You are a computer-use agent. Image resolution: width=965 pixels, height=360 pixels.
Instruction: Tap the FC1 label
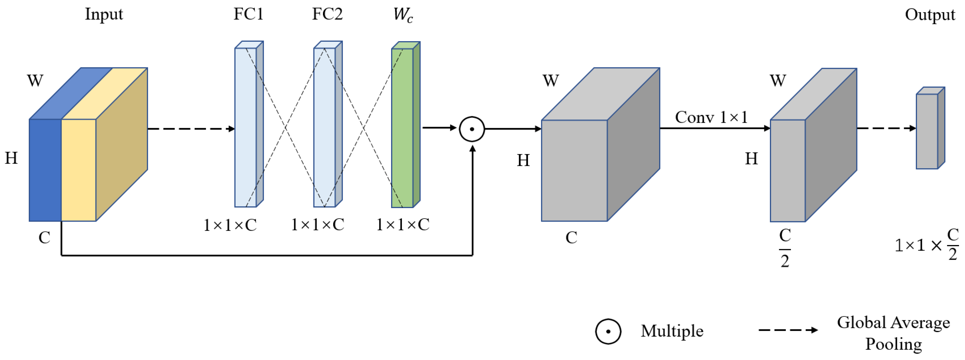coord(248,14)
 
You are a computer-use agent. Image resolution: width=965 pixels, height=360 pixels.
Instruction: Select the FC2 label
coord(327,14)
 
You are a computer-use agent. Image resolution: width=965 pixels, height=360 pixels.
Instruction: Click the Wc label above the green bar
coord(403,15)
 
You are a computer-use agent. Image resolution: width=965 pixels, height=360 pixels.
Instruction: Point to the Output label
coord(930,15)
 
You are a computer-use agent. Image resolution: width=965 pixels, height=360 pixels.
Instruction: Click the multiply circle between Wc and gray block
coord(472,129)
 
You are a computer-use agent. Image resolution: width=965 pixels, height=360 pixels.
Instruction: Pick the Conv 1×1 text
coord(711,117)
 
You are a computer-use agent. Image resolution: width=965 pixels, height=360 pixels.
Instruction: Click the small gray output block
coord(927,131)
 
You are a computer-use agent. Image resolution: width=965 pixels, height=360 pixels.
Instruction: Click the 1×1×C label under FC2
coord(318,225)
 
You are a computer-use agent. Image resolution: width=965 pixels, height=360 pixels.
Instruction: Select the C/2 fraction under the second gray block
coord(785,248)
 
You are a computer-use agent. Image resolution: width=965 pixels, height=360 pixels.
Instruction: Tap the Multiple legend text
coord(672,331)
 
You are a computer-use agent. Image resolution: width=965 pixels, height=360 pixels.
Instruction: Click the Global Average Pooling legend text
coord(894,333)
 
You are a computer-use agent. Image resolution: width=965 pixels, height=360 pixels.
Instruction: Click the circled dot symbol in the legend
coord(608,331)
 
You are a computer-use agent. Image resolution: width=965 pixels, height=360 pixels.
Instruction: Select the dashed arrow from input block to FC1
coord(191,129)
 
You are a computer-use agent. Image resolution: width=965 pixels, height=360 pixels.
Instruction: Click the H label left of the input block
coord(11,158)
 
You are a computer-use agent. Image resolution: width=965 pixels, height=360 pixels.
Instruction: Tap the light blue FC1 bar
coord(245,127)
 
